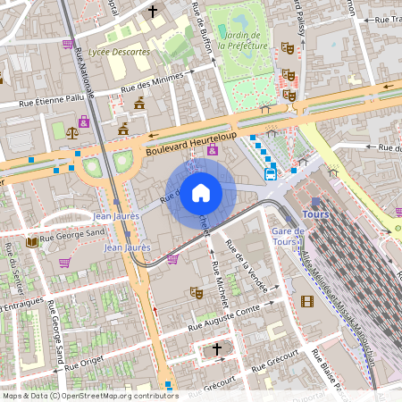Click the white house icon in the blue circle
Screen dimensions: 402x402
[x=201, y=193]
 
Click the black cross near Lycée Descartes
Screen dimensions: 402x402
[x=153, y=12]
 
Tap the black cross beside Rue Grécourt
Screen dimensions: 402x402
[x=216, y=349]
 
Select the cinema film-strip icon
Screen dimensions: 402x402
[x=308, y=299]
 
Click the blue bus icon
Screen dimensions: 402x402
[x=271, y=174]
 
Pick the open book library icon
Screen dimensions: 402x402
[x=32, y=241]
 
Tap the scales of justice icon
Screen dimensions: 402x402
[x=71, y=130]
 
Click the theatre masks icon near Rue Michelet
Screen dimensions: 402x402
[x=197, y=292]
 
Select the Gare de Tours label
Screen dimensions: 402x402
[x=288, y=238]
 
